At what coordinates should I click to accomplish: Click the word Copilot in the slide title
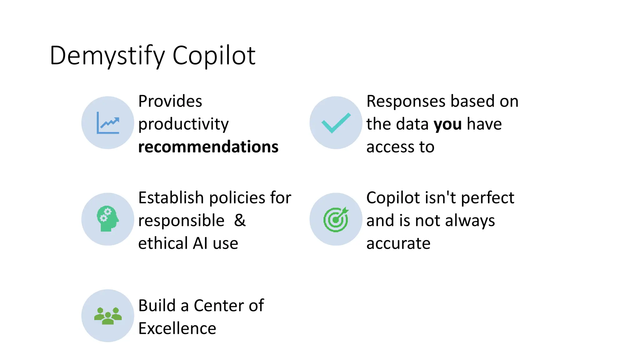(214, 56)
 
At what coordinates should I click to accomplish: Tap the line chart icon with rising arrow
(108, 123)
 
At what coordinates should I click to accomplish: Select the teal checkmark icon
(336, 123)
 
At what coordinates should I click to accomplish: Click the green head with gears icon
(108, 219)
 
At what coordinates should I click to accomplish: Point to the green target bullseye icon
(336, 219)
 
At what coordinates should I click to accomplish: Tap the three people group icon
(108, 316)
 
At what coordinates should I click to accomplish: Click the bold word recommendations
(208, 147)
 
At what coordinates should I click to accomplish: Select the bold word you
(447, 124)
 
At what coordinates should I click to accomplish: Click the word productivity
(183, 124)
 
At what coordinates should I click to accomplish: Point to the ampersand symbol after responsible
(240, 221)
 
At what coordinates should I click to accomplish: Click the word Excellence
(177, 328)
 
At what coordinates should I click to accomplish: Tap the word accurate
(398, 244)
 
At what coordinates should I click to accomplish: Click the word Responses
(406, 101)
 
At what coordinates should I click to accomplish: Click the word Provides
(170, 101)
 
